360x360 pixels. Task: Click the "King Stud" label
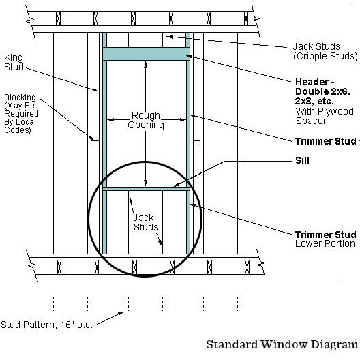pyautogui.click(x=14, y=62)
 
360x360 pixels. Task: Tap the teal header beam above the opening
pyautogui.click(x=146, y=54)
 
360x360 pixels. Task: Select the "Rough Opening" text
pyautogui.click(x=146, y=120)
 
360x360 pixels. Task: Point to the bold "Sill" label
pyautogui.click(x=302, y=160)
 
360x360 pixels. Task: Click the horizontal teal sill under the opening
pyautogui.click(x=146, y=189)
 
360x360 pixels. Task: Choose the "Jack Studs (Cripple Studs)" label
pyautogui.click(x=325, y=51)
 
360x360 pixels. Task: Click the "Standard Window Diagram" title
pyautogui.click(x=282, y=344)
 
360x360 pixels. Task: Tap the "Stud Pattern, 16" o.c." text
pyautogui.click(x=46, y=325)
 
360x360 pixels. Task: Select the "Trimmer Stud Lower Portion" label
pyautogui.click(x=326, y=239)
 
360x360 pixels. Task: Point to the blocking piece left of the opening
pyautogui.click(x=95, y=142)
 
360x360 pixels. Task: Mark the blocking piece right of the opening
pyautogui.click(x=196, y=142)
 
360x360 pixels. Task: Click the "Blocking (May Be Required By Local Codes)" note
pyautogui.click(x=21, y=114)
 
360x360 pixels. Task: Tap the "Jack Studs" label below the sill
pyautogui.click(x=145, y=222)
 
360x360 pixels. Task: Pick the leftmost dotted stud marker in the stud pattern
pyautogui.click(x=52, y=304)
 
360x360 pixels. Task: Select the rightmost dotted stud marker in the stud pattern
pyautogui.click(x=239, y=304)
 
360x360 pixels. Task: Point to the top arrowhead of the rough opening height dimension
pyautogui.click(x=145, y=65)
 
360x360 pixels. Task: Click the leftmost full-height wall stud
pyautogui.click(x=52, y=143)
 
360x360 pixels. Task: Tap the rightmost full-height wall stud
pyautogui.click(x=239, y=143)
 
